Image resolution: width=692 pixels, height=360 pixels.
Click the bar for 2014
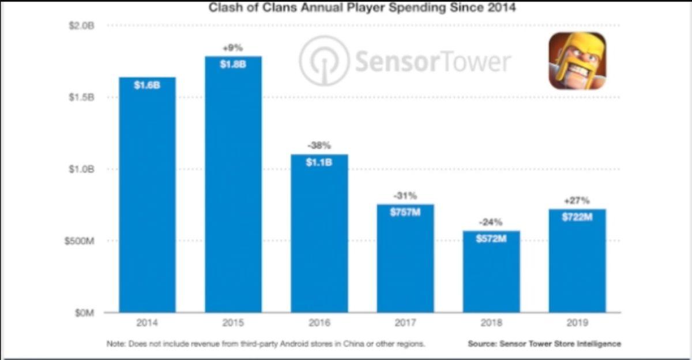[147, 196]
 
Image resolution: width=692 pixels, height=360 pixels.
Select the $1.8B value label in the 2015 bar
[233, 65]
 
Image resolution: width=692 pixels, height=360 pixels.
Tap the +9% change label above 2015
[233, 48]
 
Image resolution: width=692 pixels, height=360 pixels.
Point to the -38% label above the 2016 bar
[319, 146]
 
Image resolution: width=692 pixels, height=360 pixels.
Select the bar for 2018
[491, 271]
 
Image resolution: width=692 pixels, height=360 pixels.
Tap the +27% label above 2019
[577, 201]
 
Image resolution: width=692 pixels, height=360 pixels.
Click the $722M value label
[577, 217]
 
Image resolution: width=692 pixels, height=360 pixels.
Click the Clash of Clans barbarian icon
[577, 61]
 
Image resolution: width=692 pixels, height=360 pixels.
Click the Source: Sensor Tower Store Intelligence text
[544, 344]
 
